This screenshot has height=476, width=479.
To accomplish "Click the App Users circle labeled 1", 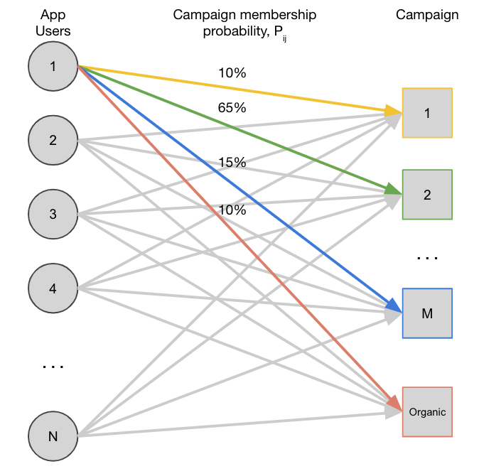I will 53,67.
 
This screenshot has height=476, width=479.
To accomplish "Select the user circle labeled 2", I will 53,140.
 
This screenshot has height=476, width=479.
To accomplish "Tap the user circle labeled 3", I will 53,214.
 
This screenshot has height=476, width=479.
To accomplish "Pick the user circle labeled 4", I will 53,288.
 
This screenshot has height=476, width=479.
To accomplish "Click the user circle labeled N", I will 53,436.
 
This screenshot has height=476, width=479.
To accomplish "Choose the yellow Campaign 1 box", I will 427,112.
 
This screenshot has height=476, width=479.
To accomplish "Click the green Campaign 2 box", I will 427,195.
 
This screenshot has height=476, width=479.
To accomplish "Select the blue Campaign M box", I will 427,313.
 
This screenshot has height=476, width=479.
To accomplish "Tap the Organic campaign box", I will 427,412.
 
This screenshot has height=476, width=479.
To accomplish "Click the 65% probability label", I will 232,109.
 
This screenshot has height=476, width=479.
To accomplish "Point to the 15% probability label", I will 232,163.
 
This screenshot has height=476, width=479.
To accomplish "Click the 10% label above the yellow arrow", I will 232,74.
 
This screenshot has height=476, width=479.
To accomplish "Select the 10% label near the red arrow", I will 232,210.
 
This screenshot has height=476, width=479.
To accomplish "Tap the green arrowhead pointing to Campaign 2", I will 392,190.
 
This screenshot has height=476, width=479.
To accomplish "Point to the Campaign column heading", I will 427,15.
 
